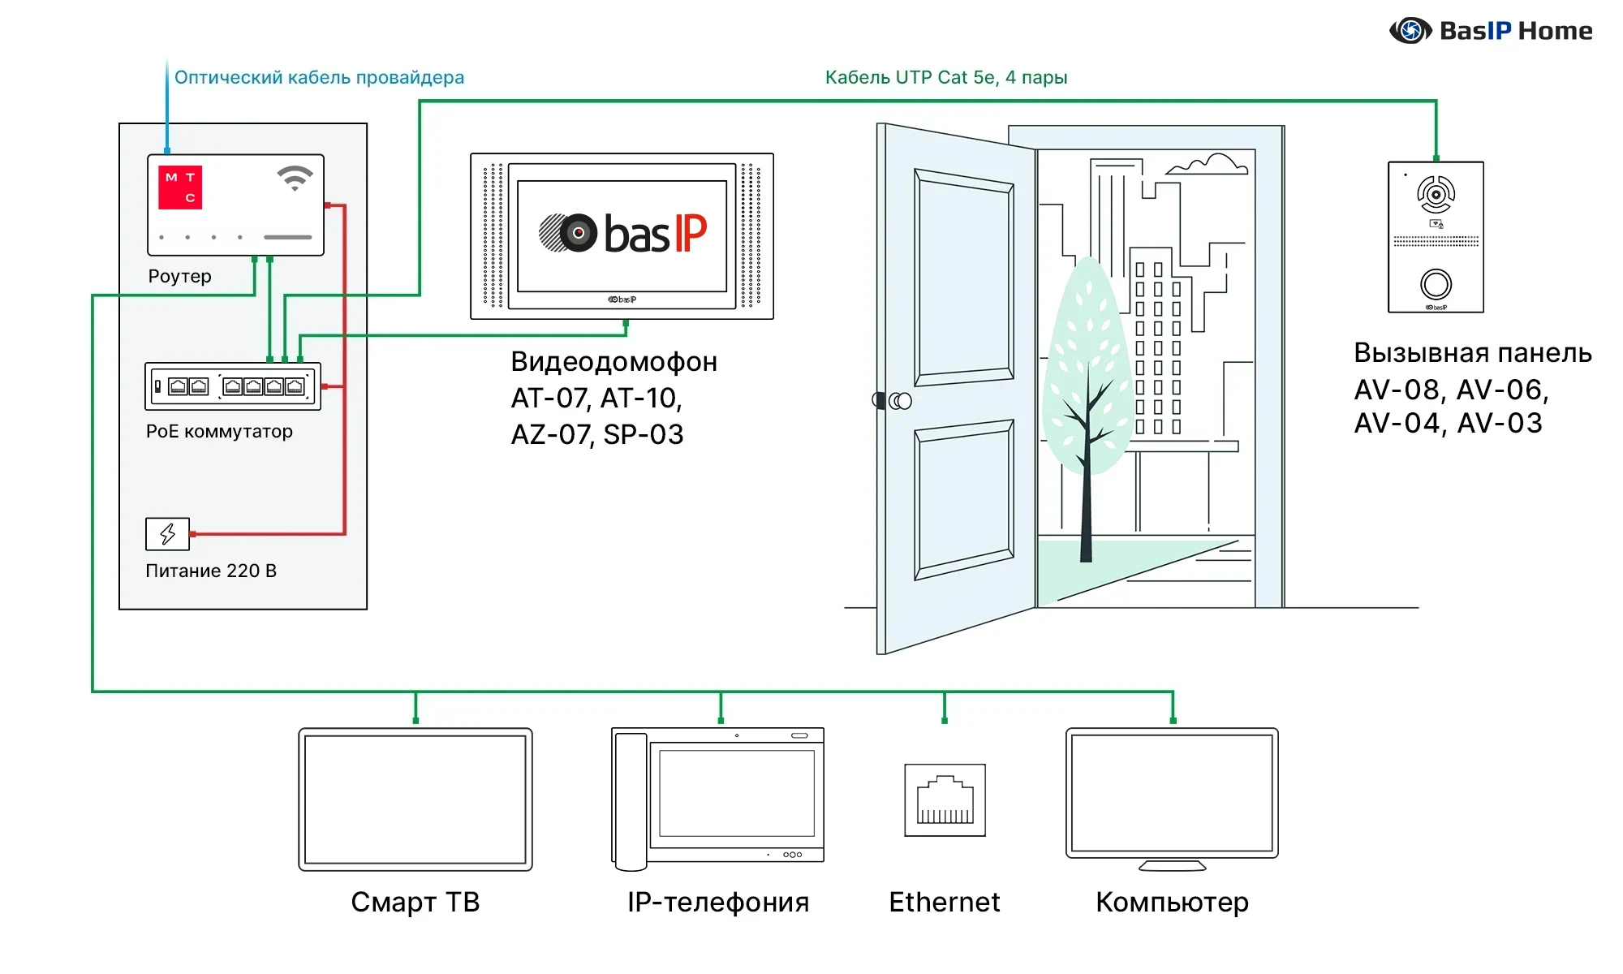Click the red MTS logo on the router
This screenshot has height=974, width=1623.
(x=180, y=187)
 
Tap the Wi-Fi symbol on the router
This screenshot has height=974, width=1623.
(x=295, y=178)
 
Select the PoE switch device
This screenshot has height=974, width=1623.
(x=233, y=386)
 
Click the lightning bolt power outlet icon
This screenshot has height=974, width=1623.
(x=167, y=534)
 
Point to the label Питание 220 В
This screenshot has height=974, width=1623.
(x=211, y=571)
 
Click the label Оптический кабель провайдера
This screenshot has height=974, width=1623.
(x=319, y=77)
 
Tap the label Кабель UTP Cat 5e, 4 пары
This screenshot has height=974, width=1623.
(x=945, y=77)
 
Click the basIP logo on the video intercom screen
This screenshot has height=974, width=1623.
(x=622, y=234)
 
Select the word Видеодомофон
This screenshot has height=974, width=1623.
(x=613, y=362)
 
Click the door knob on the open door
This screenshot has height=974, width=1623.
(x=899, y=401)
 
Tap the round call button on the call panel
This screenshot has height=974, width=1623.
(x=1436, y=284)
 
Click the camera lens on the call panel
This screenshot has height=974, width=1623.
(x=1436, y=195)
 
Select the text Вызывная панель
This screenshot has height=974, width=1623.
(x=1472, y=353)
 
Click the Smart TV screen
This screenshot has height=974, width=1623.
(x=415, y=799)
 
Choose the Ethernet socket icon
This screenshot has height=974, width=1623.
(x=945, y=800)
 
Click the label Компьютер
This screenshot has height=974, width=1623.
(x=1172, y=902)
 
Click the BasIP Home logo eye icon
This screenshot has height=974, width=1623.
(x=1410, y=31)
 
